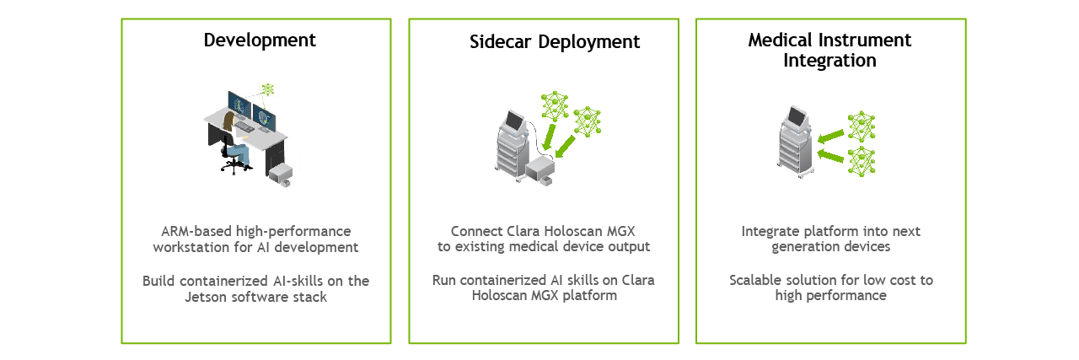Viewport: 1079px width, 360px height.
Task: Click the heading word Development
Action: [260, 40]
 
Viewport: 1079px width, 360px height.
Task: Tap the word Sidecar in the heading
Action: [501, 42]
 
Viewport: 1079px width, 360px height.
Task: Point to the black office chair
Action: [231, 154]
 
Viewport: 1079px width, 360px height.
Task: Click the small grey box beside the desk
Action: [281, 175]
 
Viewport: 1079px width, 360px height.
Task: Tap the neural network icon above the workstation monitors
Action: [267, 89]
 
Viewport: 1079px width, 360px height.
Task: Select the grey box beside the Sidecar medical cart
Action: [540, 170]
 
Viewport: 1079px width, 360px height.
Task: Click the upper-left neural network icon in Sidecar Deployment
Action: [555, 105]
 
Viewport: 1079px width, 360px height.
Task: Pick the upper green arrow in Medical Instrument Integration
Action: [830, 137]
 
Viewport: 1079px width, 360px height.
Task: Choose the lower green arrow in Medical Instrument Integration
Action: [830, 155]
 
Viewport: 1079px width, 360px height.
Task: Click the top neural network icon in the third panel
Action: [862, 126]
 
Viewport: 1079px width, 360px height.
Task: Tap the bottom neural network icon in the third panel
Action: [862, 161]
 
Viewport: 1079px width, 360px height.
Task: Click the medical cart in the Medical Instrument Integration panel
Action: [795, 142]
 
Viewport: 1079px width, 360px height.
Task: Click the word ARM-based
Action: [196, 231]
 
